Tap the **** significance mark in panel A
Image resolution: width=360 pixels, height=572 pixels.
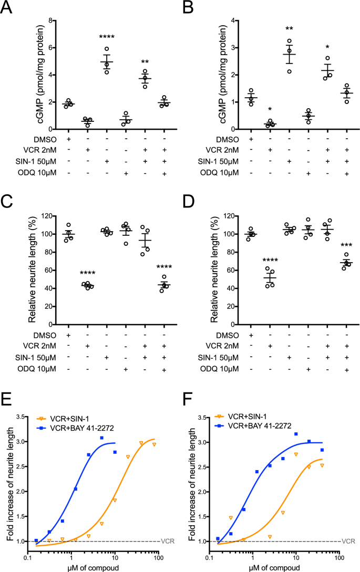click(x=107, y=37)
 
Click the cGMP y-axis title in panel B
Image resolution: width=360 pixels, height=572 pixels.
click(x=201, y=75)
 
